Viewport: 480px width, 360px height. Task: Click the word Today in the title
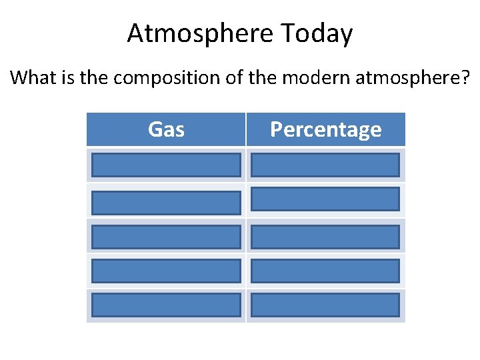319,33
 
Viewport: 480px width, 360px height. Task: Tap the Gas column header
166,129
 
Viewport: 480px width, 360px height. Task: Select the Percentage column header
325,129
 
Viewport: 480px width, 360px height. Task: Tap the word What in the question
32,78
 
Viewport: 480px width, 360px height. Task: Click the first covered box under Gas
166,165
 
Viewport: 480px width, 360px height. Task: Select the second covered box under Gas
166,202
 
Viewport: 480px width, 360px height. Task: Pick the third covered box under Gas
166,237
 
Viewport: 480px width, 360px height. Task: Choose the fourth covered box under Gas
166,271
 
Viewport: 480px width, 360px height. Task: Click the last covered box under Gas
166,305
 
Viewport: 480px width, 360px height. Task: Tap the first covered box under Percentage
325,165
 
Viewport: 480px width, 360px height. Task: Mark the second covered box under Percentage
325,199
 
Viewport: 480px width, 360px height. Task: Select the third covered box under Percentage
325,237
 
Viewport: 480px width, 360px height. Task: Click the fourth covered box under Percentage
325,271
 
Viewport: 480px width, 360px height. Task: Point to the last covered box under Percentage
325,305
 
